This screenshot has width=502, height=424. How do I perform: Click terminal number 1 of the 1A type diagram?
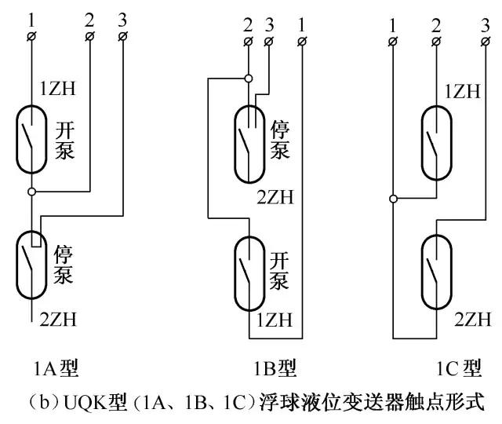pos(31,36)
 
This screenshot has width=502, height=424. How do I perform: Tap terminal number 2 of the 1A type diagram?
pos(89,36)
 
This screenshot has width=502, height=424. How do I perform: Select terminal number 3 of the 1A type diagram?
pos(124,36)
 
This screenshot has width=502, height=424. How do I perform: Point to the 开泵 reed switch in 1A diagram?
pos(31,139)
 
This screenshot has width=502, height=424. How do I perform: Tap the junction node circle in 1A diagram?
pos(31,191)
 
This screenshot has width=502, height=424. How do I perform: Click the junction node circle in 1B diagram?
pos(249,79)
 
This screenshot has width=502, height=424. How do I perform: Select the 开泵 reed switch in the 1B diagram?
pos(249,270)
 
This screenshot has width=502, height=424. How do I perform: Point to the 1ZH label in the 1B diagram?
pos(273,320)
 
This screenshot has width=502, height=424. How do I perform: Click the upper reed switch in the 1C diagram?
pos(435,139)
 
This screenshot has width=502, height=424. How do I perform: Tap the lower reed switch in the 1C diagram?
pos(435,270)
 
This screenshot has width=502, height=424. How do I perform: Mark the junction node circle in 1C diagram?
pos(392,198)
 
